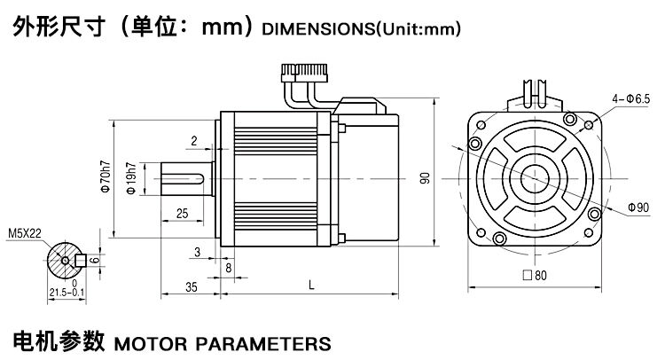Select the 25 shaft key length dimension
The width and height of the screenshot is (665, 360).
(182, 214)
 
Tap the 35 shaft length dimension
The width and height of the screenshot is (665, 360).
(191, 286)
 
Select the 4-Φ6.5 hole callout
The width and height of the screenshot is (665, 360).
(631, 98)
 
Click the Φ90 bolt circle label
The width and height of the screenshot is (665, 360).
(638, 207)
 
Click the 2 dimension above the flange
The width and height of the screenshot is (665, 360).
(192, 141)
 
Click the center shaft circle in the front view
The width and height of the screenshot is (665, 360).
(535, 176)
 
